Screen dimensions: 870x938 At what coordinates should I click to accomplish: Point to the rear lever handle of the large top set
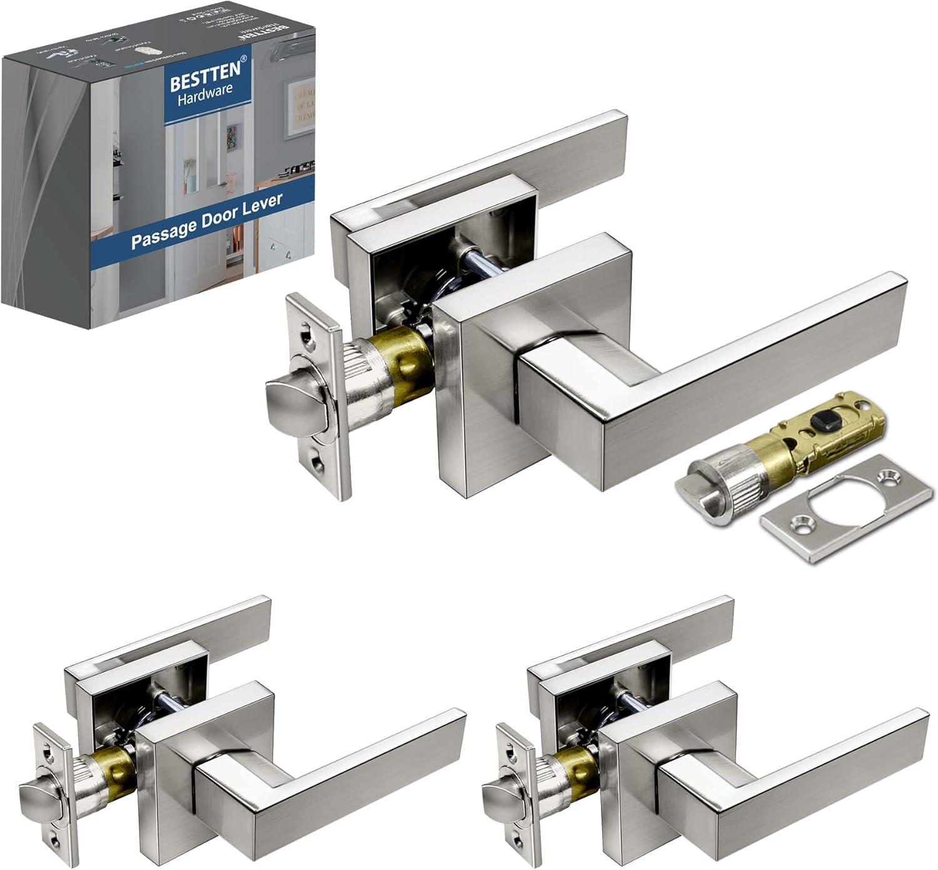(563, 150)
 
